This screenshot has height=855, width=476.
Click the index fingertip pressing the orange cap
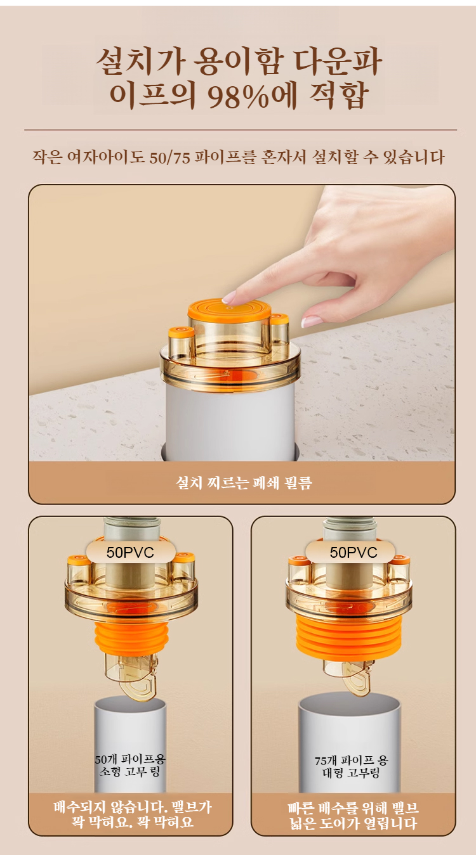pos(228,297)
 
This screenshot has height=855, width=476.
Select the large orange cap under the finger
pos(229,311)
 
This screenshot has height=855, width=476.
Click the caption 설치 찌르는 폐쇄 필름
pos(244,483)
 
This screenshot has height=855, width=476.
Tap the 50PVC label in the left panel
pos(130,552)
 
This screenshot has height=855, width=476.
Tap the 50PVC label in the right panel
pos(354,552)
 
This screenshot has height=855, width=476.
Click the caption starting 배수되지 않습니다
pos(132,815)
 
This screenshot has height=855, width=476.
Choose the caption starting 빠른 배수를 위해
pos(353,816)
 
